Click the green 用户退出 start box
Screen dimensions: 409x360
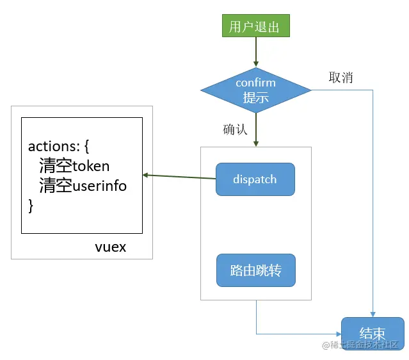coord(256,26)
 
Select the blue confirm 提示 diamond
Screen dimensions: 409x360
coord(256,90)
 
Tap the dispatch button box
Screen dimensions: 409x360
coord(255,179)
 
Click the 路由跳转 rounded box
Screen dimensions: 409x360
coord(256,270)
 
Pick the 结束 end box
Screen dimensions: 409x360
coord(373,333)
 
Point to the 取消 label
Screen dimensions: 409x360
coord(341,78)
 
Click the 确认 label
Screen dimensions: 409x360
coord(235,129)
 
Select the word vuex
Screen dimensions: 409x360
coord(111,247)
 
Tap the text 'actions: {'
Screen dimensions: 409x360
coord(58,146)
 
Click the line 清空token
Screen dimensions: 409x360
coord(74,166)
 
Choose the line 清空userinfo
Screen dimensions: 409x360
coord(83,185)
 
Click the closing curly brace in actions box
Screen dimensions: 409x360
coord(31,206)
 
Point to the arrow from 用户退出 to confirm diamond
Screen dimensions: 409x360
coord(256,52)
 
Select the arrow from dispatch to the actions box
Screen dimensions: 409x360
coord(179,177)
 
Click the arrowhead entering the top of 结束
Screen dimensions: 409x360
coord(373,315)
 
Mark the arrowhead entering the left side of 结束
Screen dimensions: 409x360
coord(339,334)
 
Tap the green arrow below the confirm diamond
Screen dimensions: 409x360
coord(256,130)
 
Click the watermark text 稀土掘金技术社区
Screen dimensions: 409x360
coord(360,345)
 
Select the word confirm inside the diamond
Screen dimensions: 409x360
coord(255,83)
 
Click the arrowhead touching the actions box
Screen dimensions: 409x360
coord(145,175)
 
